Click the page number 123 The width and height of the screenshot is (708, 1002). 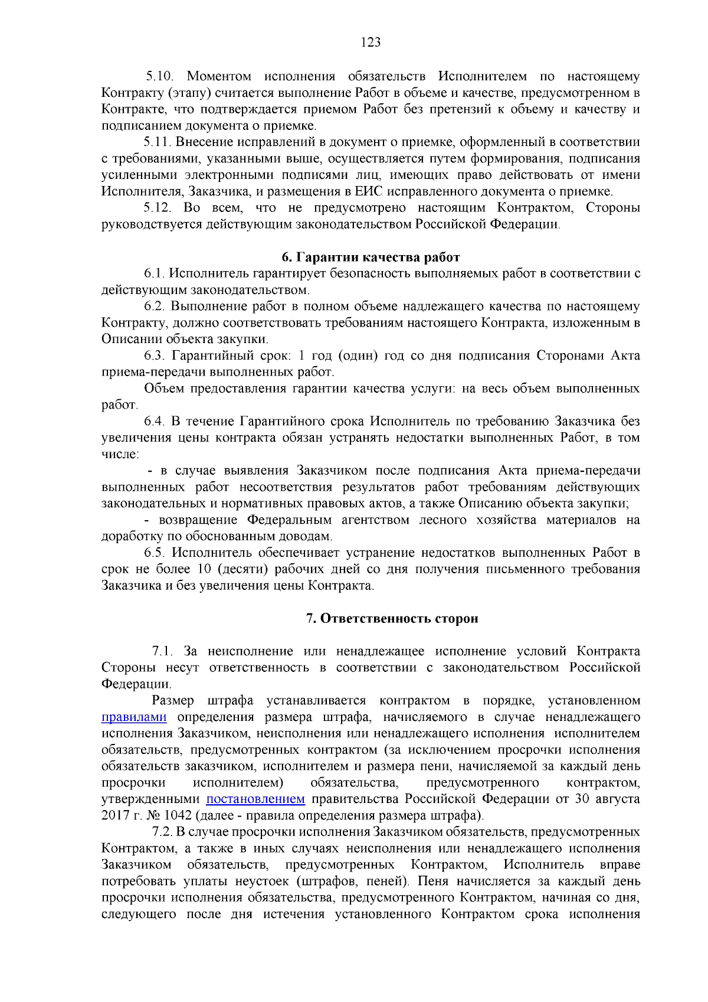[371, 42]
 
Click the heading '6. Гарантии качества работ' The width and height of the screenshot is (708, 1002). [371, 257]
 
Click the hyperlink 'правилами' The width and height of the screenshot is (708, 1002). [134, 717]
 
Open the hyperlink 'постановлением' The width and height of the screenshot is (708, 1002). [255, 799]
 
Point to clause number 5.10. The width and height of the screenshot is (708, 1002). [159, 76]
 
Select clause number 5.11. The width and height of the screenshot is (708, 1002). [158, 142]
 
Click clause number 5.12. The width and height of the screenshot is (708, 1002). [158, 208]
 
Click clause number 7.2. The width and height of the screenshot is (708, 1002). [162, 832]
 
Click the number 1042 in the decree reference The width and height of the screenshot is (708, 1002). [178, 815]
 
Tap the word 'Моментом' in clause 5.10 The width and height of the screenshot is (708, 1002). [219, 76]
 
